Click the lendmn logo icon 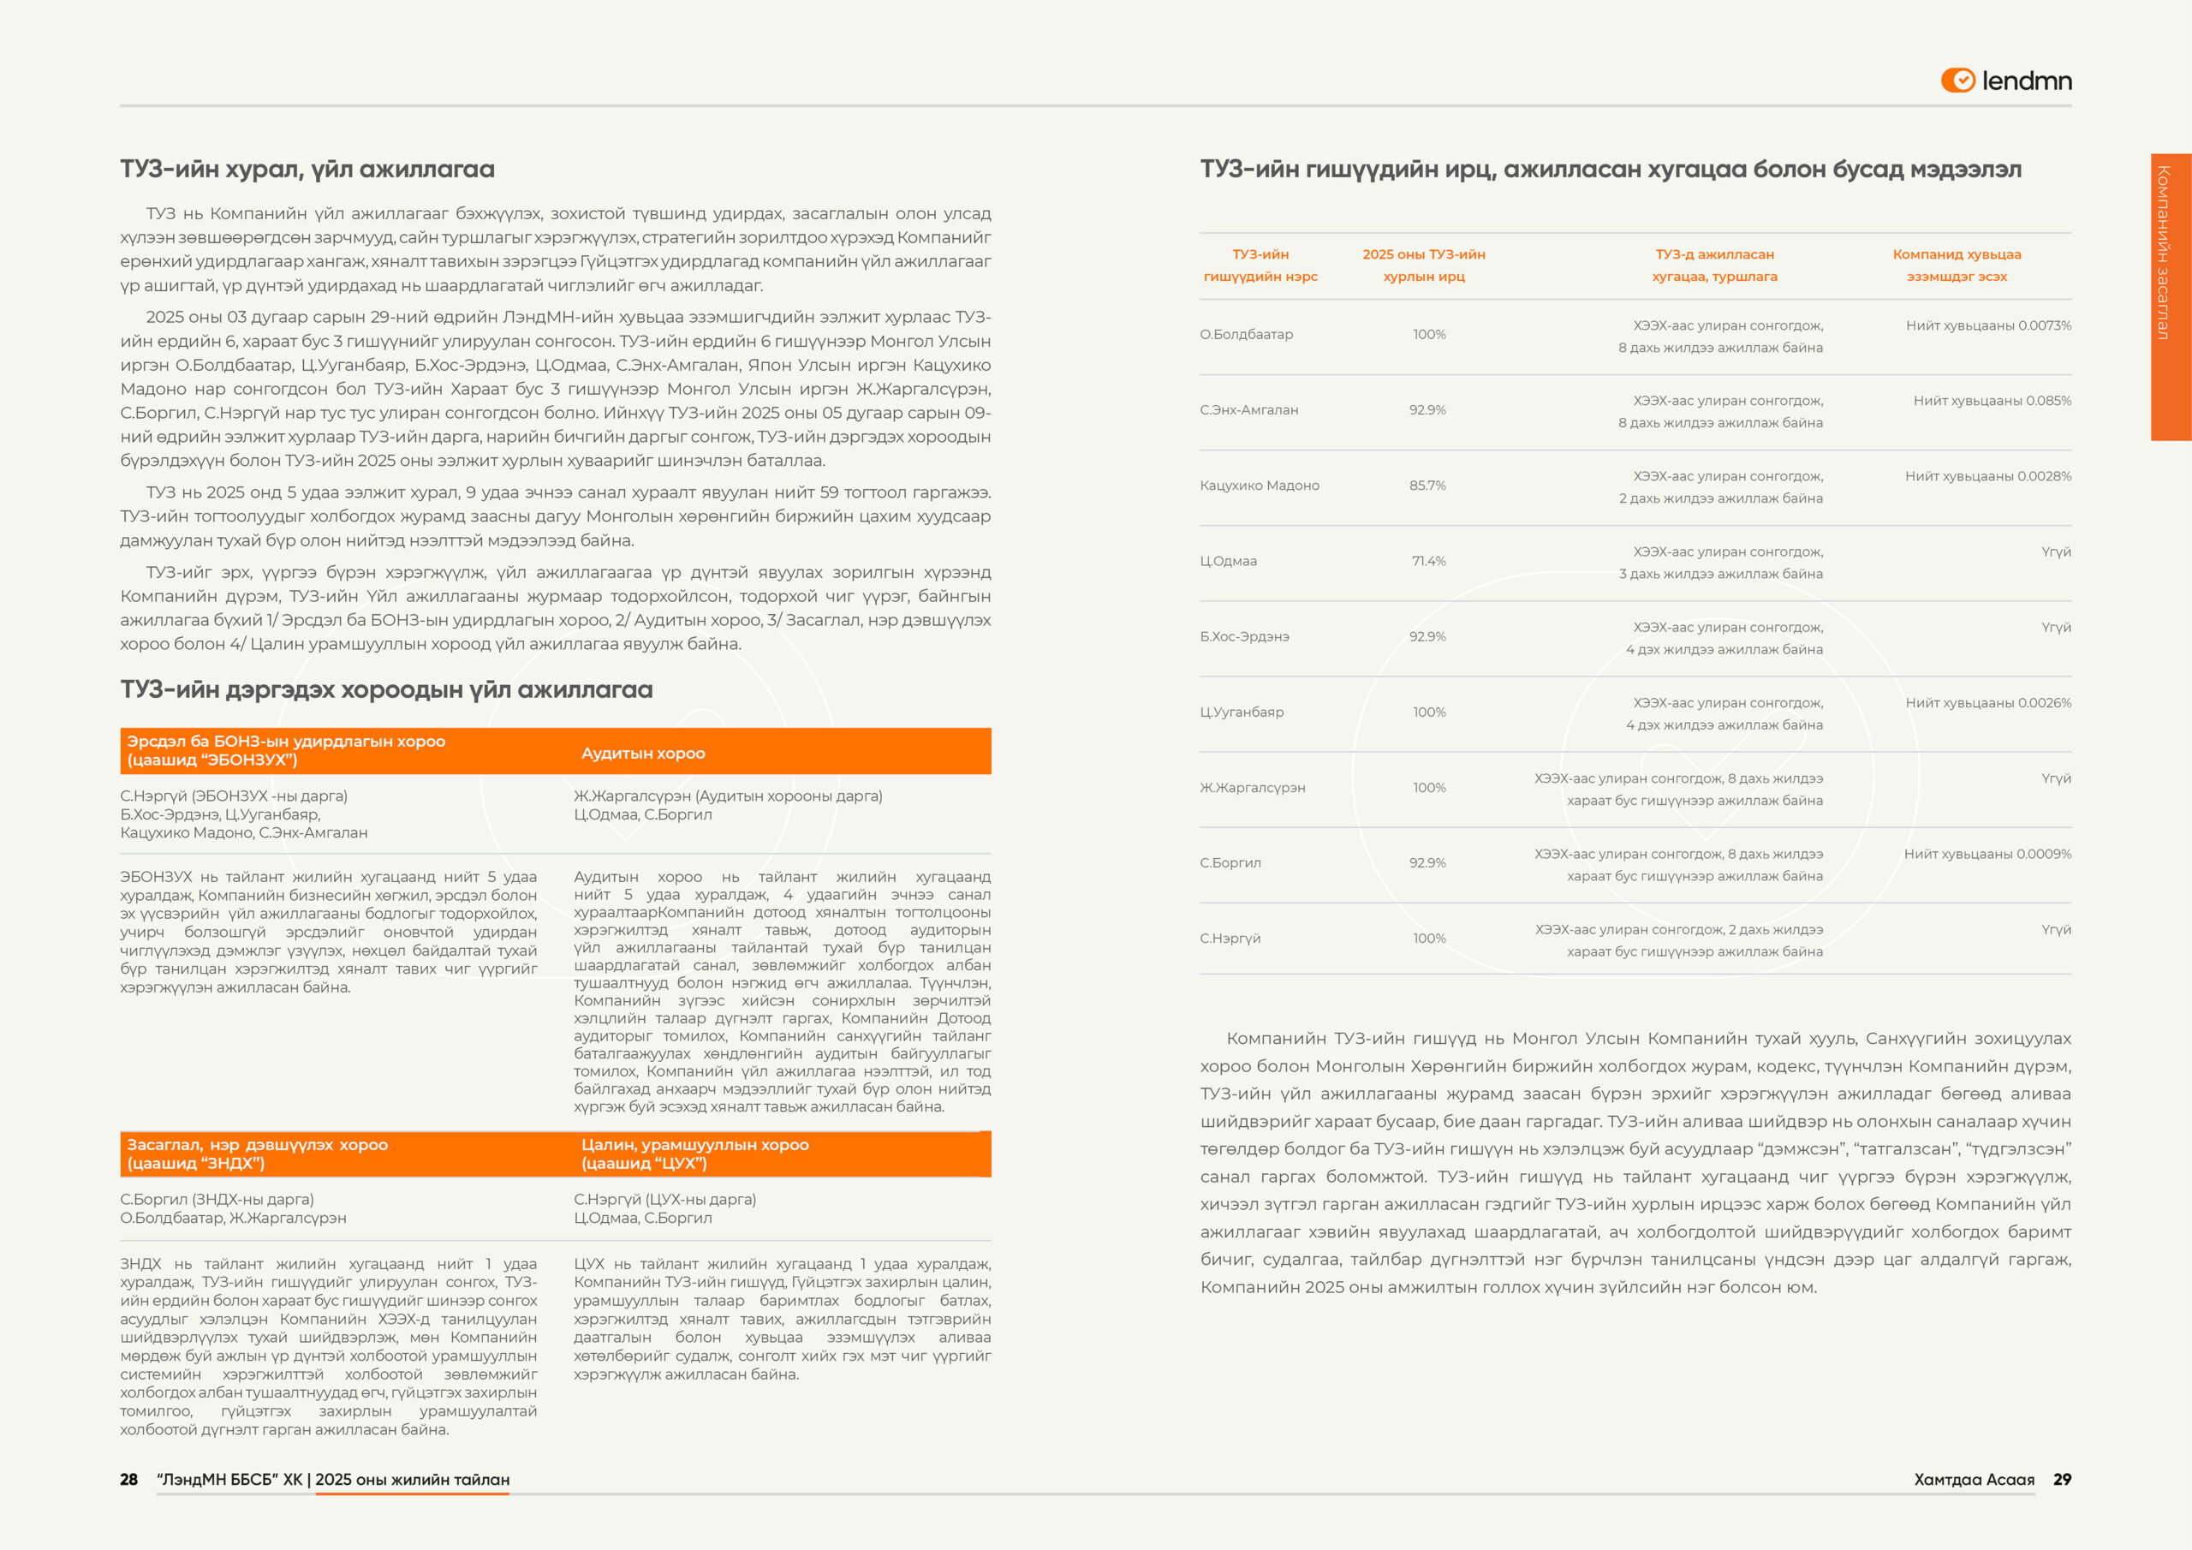click(1957, 80)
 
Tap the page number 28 click(129, 1479)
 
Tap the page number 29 click(2062, 1479)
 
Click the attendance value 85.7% click(1427, 486)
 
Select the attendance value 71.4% click(1428, 561)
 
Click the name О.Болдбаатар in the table click(1246, 334)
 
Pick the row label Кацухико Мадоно click(1260, 486)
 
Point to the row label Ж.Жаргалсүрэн click(1252, 788)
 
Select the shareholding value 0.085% click(2048, 401)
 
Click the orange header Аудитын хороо click(642, 754)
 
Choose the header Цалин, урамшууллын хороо click(694, 1145)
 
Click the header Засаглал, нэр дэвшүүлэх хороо click(257, 1145)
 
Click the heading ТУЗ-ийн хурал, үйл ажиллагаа click(307, 169)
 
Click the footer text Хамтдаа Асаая click(1974, 1479)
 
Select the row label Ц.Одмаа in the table click(1228, 561)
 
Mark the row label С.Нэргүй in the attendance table click(1230, 939)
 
